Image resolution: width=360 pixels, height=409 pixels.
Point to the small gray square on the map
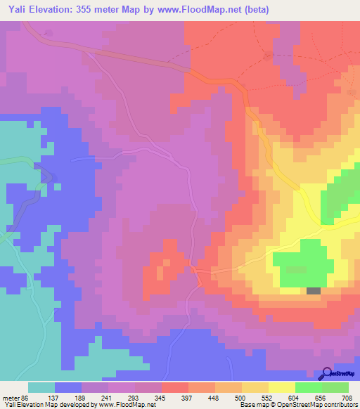(x=313, y=290)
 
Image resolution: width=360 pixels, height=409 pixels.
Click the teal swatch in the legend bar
(x=41, y=387)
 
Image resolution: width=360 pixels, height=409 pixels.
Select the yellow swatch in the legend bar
(x=281, y=387)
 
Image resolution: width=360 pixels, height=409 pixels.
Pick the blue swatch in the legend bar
(x=68, y=387)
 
